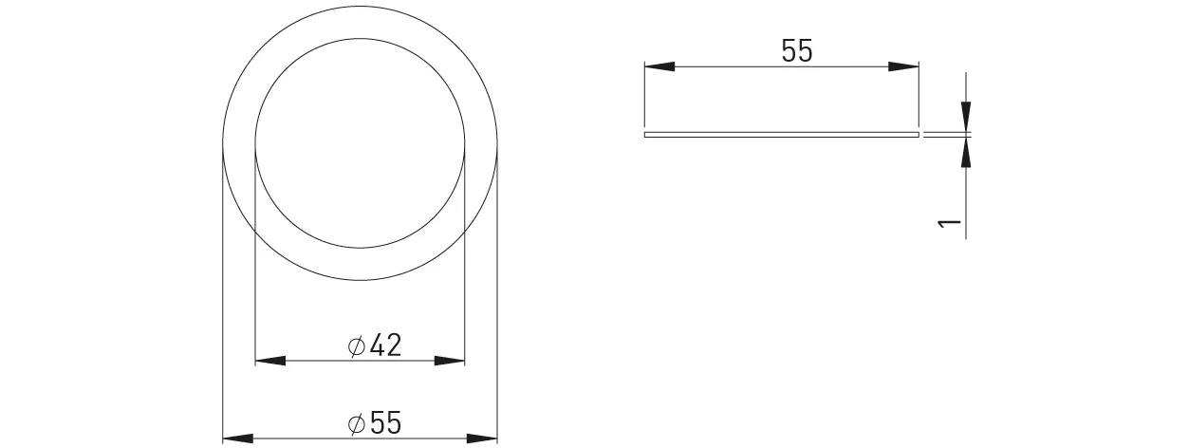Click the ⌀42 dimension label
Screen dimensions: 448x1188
tap(375, 346)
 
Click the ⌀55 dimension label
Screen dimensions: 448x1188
tap(375, 424)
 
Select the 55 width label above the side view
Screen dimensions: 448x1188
tap(797, 52)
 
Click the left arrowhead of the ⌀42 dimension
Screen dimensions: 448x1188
tap(270, 361)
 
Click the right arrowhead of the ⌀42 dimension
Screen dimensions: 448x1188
tap(451, 361)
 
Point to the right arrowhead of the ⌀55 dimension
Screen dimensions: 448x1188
tap(483, 439)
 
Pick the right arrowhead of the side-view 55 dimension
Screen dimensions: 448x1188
tap(904, 66)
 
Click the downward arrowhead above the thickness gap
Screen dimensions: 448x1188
tap(966, 117)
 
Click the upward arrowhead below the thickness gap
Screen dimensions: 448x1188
tap(966, 153)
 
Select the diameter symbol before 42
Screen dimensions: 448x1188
tap(357, 346)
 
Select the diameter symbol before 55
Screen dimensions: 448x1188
tap(357, 424)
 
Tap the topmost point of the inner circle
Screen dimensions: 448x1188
tap(361, 38)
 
